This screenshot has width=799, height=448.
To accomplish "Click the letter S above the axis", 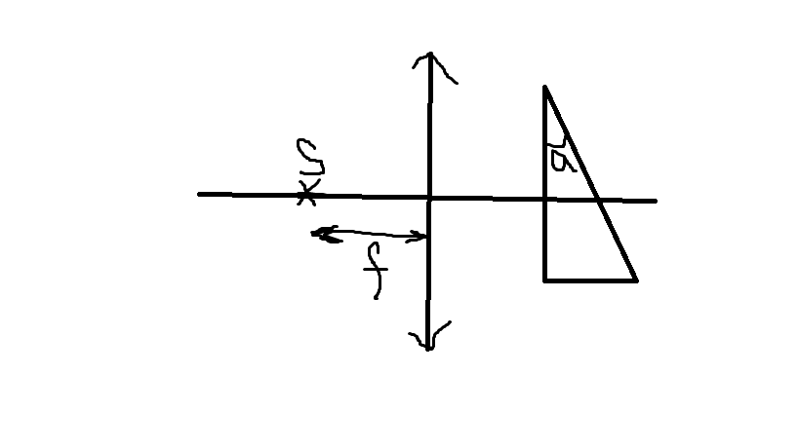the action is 310,157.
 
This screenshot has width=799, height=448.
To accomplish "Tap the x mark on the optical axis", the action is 306,194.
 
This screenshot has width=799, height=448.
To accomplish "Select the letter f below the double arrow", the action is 374,272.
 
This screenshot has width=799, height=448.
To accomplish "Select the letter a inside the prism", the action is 560,158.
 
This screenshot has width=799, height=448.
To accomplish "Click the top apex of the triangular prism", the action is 544,88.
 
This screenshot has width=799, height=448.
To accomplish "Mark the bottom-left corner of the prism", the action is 545,280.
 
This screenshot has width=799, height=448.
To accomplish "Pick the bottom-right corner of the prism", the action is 636,280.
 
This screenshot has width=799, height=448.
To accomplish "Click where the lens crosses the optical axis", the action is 429,196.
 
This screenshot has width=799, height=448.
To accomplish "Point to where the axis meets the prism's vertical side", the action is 545,198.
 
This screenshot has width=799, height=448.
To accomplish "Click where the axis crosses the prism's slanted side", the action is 597,199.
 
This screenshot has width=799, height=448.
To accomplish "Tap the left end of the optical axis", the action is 200,194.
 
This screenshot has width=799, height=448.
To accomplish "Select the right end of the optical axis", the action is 655,201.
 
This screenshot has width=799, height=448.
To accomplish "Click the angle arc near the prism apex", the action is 557,143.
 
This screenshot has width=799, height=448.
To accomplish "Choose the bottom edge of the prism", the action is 590,280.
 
